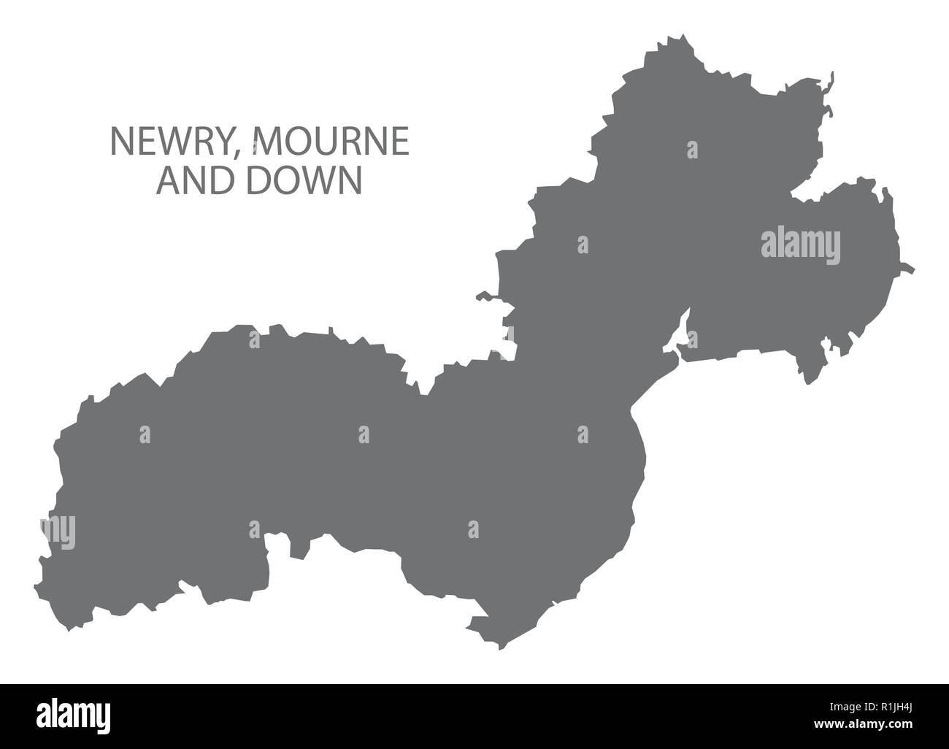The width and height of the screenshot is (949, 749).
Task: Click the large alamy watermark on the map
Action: pos(800,244)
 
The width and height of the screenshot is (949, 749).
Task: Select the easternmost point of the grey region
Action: pos(912,269)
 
